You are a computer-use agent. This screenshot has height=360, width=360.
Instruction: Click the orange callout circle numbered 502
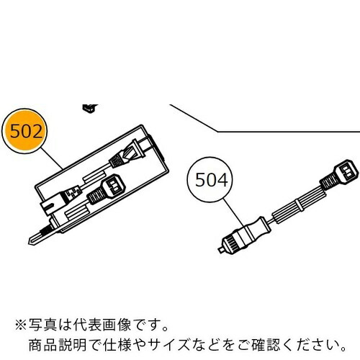pos(24,131)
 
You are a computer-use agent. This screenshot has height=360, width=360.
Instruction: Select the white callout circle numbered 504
pos(210,180)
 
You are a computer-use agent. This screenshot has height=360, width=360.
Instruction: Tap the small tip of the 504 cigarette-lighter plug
pos(222,250)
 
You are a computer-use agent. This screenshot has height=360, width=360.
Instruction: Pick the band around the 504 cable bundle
pos(300,205)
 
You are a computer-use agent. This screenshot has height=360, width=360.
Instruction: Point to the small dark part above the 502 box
pos(90,109)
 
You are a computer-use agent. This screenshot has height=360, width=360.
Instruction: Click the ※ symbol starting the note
pos(22,325)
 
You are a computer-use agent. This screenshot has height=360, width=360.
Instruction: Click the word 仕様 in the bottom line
pos(117,345)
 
